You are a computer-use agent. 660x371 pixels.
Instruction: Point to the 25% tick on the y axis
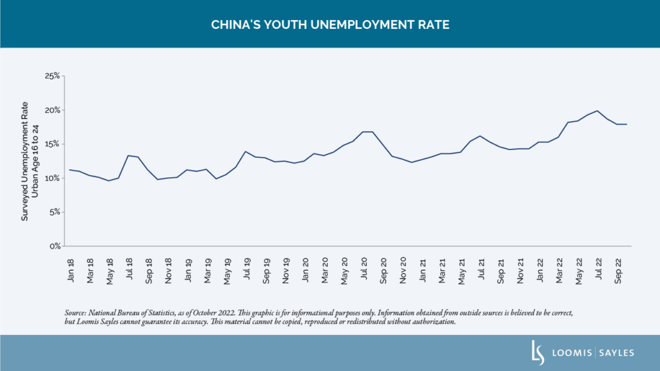pyautogui.click(x=52, y=76)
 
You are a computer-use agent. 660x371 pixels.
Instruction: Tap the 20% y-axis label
pyautogui.click(x=52, y=110)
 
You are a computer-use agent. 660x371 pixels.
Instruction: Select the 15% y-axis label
pyautogui.click(x=53, y=144)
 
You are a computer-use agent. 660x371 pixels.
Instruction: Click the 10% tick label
pyautogui.click(x=53, y=178)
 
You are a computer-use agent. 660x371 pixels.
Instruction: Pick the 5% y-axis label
pyautogui.click(x=54, y=213)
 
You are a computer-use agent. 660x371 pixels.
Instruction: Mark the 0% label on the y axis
pyautogui.click(x=54, y=247)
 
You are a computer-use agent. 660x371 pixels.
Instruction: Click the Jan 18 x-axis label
pyautogui.click(x=70, y=265)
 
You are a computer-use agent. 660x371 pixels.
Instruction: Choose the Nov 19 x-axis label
pyautogui.click(x=285, y=265)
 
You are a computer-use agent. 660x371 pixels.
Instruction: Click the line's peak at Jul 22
pyautogui.click(x=597, y=111)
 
